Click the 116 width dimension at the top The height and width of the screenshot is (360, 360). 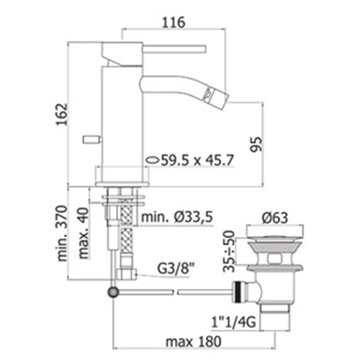pyautogui.click(x=174, y=22)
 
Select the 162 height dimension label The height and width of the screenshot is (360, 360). pyautogui.click(x=61, y=114)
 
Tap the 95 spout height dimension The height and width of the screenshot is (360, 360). pyautogui.click(x=256, y=144)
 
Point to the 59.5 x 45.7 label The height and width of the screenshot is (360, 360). pyautogui.click(x=197, y=160)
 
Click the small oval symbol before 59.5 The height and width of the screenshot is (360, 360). pyautogui.click(x=153, y=160)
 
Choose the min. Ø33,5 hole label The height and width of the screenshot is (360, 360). pyautogui.click(x=177, y=217)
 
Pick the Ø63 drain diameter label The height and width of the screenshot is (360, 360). pyautogui.click(x=275, y=217)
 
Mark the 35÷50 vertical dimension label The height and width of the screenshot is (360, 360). pyautogui.click(x=228, y=251)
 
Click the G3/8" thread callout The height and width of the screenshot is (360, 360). pyautogui.click(x=173, y=269)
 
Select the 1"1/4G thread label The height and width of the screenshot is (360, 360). pyautogui.click(x=233, y=323)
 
